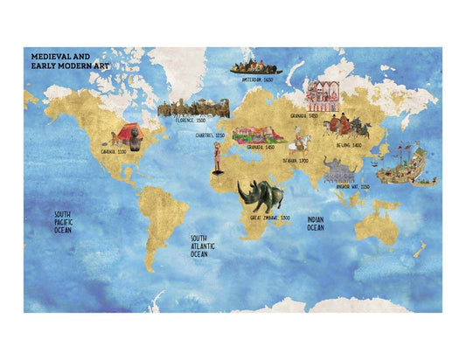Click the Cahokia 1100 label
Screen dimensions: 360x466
pos(115,151)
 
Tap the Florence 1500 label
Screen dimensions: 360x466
pos(190,121)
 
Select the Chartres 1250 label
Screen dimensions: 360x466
pos(208,135)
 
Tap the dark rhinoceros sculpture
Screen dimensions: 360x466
pos(263,195)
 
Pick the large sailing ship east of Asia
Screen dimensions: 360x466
pos(409,163)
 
